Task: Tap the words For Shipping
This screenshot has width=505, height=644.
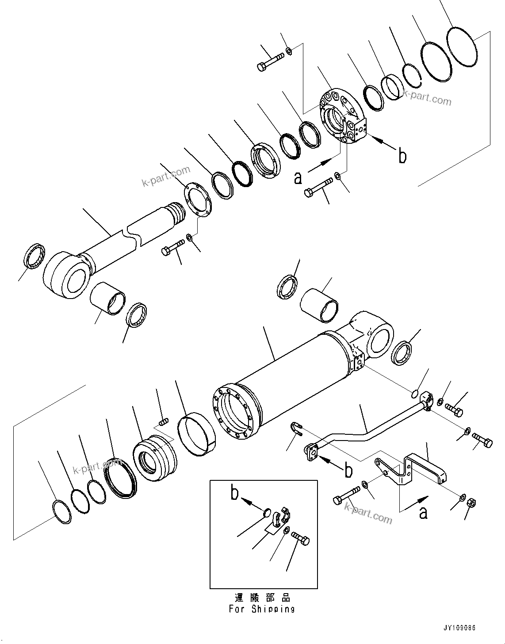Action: [x=262, y=609]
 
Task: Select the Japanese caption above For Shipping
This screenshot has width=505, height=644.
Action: [x=262, y=598]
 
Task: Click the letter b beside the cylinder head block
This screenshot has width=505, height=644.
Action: [x=402, y=156]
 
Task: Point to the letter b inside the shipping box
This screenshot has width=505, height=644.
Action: [x=234, y=493]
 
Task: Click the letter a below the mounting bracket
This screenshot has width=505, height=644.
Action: [x=423, y=513]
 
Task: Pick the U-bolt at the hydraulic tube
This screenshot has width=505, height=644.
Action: [x=296, y=428]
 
